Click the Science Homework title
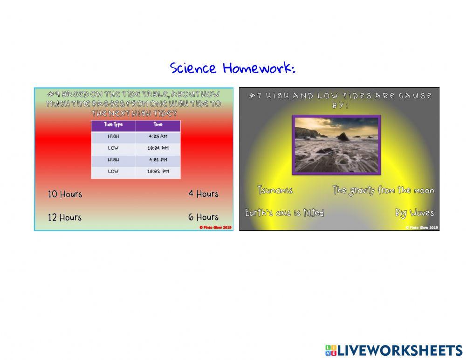(x=233, y=69)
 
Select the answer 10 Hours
(x=65, y=194)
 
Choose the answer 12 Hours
(x=65, y=217)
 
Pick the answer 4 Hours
(x=203, y=194)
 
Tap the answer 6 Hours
(x=203, y=217)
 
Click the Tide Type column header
(x=113, y=125)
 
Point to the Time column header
(x=158, y=125)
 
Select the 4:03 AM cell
(x=158, y=137)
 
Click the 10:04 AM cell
(x=158, y=148)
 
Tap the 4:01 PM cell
(x=158, y=160)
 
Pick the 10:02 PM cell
(x=158, y=172)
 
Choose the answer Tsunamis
(x=275, y=190)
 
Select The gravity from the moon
(x=383, y=190)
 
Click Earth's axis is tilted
(x=284, y=213)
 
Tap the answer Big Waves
(x=414, y=213)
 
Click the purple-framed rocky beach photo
(x=336, y=145)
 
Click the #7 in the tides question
(x=254, y=96)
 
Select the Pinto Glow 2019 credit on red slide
(x=215, y=228)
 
